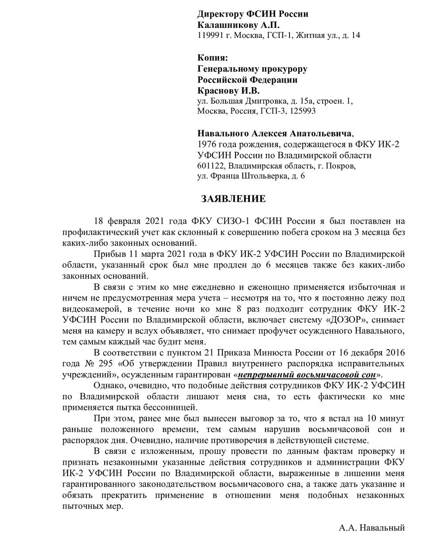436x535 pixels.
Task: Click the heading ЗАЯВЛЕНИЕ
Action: coord(233,199)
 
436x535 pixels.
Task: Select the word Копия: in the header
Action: coord(212,58)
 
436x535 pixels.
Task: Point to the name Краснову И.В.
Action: coord(228,90)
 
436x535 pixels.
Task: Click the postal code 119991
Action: coord(211,36)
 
